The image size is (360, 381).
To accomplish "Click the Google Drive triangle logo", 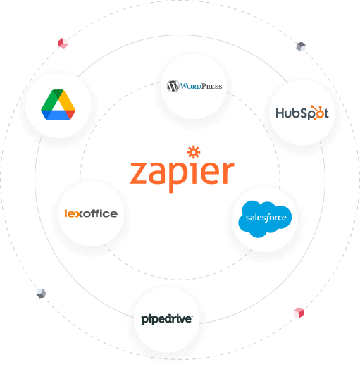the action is pyautogui.click(x=58, y=105).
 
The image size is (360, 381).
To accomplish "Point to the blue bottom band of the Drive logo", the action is pyautogui.click(x=58, y=115).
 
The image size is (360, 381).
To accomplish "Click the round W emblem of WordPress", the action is pyautogui.click(x=173, y=86).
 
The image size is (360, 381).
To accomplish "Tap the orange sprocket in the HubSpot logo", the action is pyautogui.click(x=318, y=112).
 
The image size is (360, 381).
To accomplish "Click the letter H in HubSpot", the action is pyautogui.click(x=280, y=113).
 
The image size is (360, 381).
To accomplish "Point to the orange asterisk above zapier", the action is pyautogui.click(x=194, y=152).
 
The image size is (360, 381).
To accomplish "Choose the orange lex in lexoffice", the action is pyautogui.click(x=73, y=213).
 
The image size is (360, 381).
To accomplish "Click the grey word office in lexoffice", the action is pyautogui.click(x=99, y=213).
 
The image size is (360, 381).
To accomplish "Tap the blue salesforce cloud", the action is pyautogui.click(x=265, y=218).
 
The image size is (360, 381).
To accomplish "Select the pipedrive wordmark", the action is pyautogui.click(x=167, y=320).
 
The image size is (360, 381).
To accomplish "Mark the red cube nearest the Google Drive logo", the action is pyautogui.click(x=63, y=43).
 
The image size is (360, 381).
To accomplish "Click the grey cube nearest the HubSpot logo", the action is pyautogui.click(x=301, y=46).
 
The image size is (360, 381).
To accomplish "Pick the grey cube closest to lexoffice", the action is pyautogui.click(x=42, y=293).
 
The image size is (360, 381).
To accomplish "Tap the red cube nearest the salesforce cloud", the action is pyautogui.click(x=299, y=313).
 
